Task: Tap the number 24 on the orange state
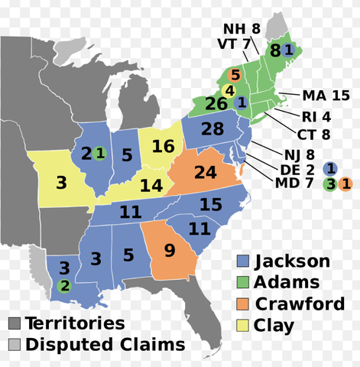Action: (x=205, y=173)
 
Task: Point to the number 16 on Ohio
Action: (x=162, y=145)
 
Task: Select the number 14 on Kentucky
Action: (x=151, y=186)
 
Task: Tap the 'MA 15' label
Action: (x=326, y=96)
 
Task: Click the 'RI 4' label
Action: (x=316, y=118)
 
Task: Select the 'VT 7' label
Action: (x=235, y=44)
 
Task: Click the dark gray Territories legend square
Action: (x=15, y=323)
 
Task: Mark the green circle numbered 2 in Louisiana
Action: (x=64, y=287)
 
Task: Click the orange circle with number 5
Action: (x=235, y=75)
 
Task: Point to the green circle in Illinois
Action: (x=101, y=153)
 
